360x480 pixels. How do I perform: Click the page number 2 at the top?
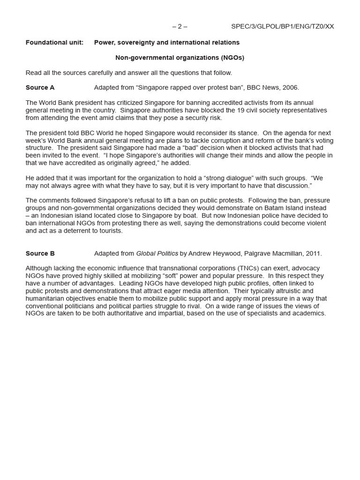(180, 26)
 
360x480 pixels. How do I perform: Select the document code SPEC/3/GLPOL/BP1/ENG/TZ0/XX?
(282, 26)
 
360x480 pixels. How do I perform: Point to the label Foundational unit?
(54, 43)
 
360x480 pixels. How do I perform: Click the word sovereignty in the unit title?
(136, 43)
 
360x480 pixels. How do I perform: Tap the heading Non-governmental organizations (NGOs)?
(180, 58)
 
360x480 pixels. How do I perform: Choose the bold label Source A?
(40, 88)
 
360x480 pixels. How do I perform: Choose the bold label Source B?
(40, 254)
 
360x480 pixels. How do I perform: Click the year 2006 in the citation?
(289, 88)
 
